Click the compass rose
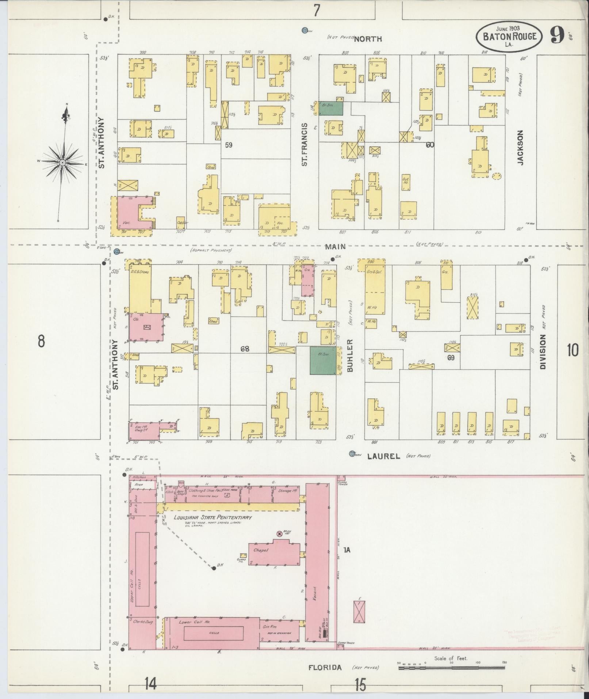pyautogui.click(x=63, y=162)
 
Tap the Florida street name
pyautogui.click(x=325, y=668)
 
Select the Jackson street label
pyautogui.click(x=520, y=148)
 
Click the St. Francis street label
pyautogui.click(x=305, y=145)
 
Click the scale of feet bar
pyautogui.click(x=451, y=668)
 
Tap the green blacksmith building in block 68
pyautogui.click(x=323, y=360)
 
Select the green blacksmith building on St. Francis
pyautogui.click(x=331, y=109)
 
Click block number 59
pyautogui.click(x=229, y=145)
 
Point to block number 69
pyautogui.click(x=451, y=358)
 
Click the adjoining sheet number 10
pyautogui.click(x=573, y=350)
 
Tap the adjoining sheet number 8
pyautogui.click(x=41, y=342)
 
